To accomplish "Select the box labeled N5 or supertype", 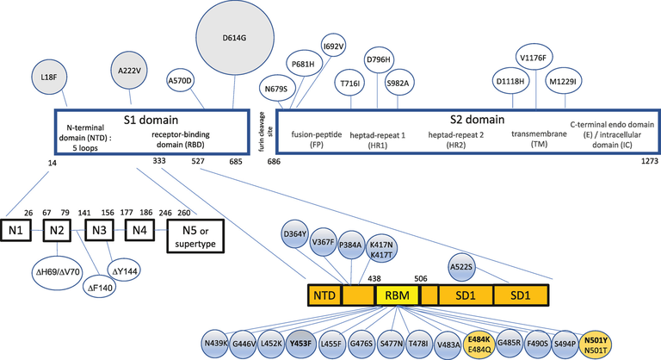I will [x=195, y=235].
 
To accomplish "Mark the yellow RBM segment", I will [x=397, y=296].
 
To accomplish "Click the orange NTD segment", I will [x=324, y=296].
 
